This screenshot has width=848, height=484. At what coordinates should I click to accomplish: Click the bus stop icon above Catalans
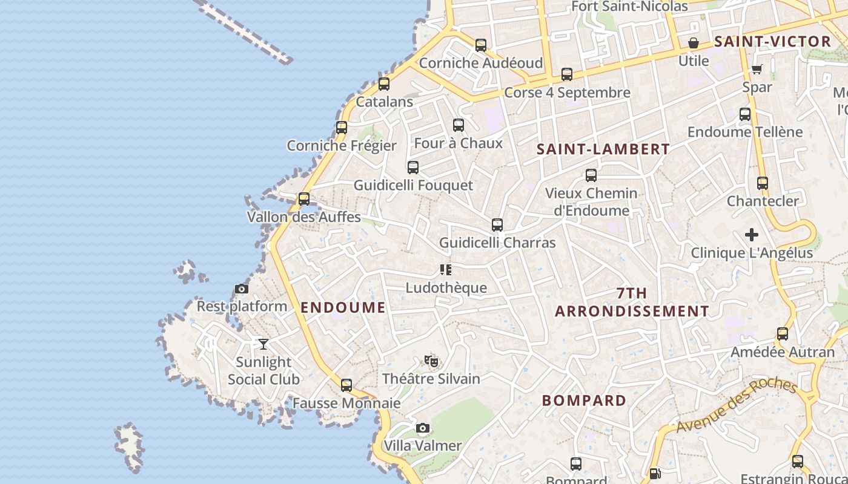(x=384, y=84)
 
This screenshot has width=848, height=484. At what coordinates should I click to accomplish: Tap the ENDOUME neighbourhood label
(x=343, y=307)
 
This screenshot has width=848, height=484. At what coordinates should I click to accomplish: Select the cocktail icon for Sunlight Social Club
(x=263, y=344)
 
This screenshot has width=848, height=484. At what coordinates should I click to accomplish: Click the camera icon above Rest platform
(x=242, y=289)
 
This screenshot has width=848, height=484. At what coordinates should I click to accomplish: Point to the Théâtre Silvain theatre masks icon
(x=431, y=361)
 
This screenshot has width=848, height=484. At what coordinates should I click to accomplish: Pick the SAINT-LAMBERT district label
(x=603, y=149)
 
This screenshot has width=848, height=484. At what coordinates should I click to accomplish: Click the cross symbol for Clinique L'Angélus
(x=752, y=235)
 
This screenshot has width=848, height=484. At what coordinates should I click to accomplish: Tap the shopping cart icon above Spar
(x=757, y=69)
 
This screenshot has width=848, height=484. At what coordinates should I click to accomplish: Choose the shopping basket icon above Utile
(x=694, y=43)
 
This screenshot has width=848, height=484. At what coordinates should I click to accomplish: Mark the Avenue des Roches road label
(x=736, y=405)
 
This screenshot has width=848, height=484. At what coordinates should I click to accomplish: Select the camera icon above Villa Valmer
(x=423, y=428)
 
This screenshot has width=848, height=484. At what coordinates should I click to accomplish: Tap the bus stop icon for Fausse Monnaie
(x=346, y=385)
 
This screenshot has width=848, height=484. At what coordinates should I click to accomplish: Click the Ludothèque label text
(x=446, y=287)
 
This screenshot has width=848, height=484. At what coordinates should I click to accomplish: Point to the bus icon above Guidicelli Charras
(x=497, y=225)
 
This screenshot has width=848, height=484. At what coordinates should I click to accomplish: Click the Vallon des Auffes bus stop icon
(x=304, y=198)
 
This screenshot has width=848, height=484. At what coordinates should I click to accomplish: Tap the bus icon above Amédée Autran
(x=783, y=334)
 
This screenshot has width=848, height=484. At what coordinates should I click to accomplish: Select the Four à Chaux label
(x=458, y=143)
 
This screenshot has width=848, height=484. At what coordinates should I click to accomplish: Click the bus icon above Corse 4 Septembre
(x=567, y=74)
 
